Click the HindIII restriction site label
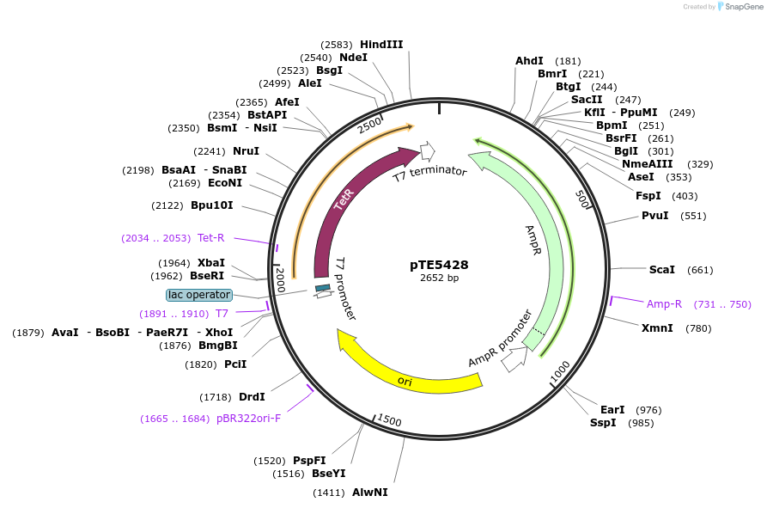[x=381, y=44]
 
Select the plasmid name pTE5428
[x=439, y=265]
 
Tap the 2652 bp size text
[x=439, y=278]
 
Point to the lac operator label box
[x=199, y=295]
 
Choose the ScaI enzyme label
[x=661, y=270]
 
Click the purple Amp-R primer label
[x=664, y=303]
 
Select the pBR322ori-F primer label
[x=248, y=419]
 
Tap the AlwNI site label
[x=370, y=493]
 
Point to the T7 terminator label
[x=429, y=173]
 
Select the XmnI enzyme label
[x=657, y=327]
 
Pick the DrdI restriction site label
[x=252, y=396]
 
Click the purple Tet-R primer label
[x=210, y=238]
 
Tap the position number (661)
[x=701, y=270]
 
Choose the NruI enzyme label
[x=246, y=151]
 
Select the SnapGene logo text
[x=744, y=6]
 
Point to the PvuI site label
[x=654, y=216]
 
